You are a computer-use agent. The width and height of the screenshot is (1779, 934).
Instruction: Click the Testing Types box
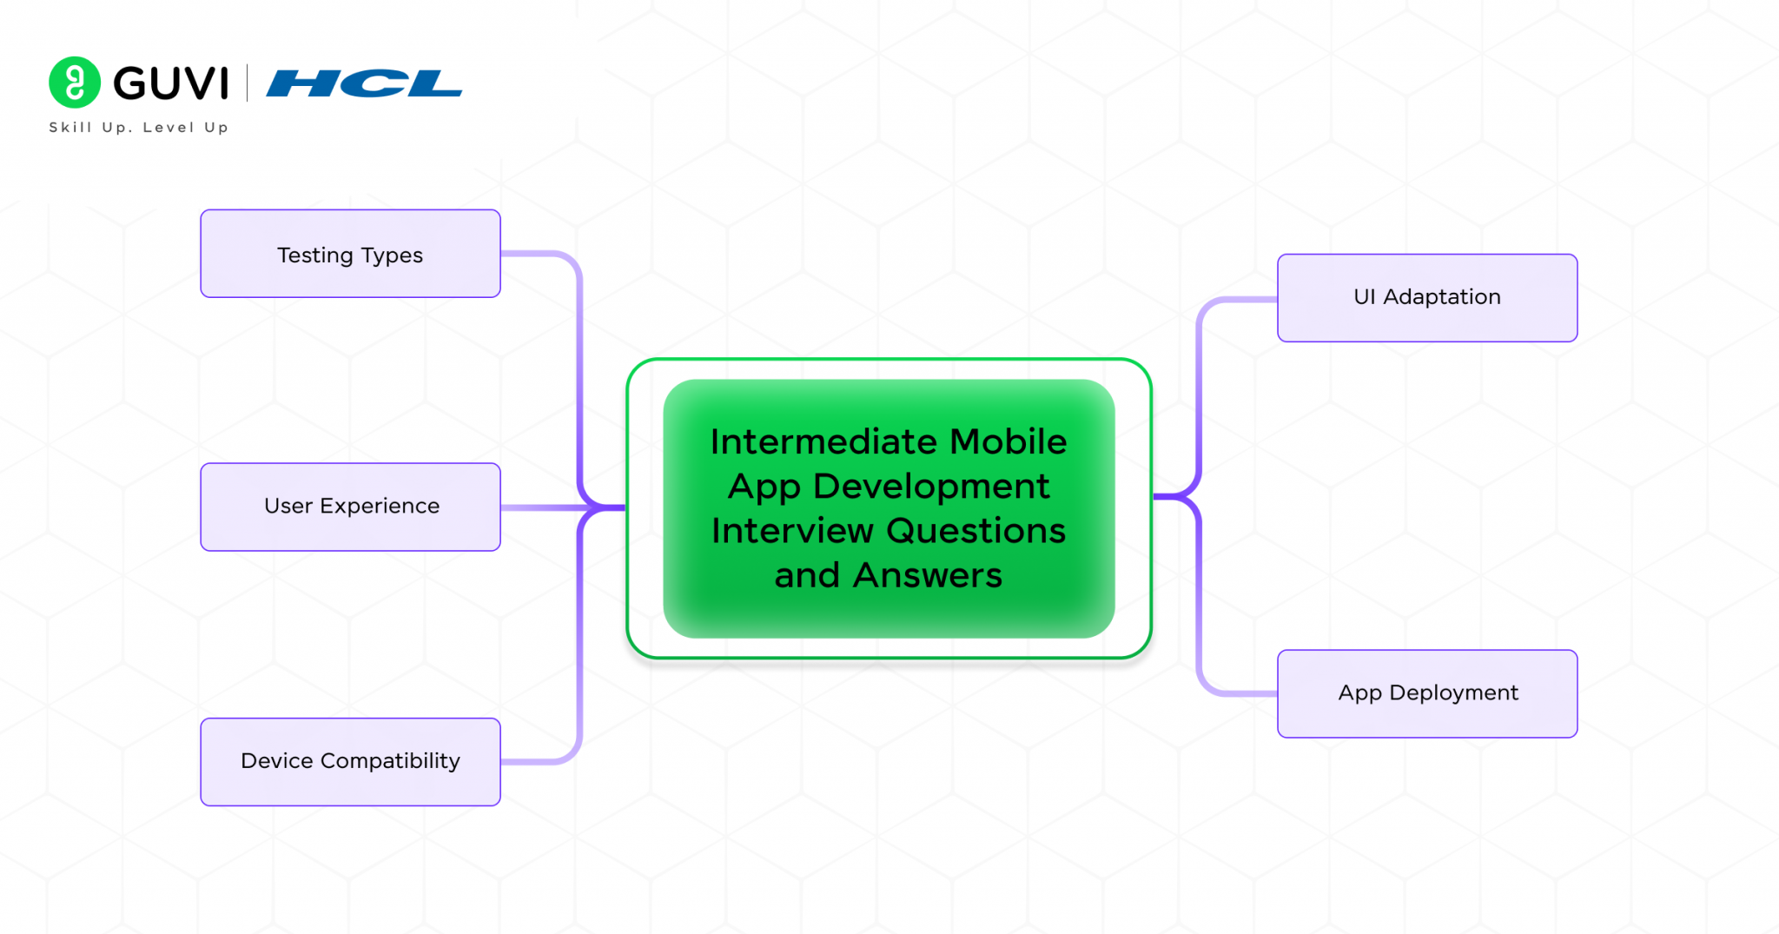click(350, 254)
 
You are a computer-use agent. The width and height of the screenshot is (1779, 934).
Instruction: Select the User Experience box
click(350, 507)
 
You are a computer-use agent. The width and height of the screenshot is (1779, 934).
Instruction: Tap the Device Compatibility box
click(350, 761)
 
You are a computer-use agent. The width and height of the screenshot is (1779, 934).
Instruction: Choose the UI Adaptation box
click(1426, 297)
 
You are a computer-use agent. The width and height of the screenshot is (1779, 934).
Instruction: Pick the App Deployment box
click(1426, 693)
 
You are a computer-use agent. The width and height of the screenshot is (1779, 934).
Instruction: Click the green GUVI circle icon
click(75, 83)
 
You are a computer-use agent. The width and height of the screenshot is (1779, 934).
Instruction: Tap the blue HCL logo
click(364, 83)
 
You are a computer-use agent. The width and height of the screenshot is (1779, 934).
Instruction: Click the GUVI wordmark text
click(171, 83)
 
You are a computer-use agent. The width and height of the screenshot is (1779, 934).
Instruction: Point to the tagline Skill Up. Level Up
click(139, 128)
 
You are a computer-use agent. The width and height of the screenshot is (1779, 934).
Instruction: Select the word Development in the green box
click(930, 487)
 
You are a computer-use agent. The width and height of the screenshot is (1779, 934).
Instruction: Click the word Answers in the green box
click(927, 575)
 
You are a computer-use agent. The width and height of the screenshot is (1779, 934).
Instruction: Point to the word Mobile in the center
click(1008, 441)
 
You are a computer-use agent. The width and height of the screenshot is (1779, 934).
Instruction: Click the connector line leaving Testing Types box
click(539, 254)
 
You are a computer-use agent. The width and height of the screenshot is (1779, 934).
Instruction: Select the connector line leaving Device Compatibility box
click(539, 761)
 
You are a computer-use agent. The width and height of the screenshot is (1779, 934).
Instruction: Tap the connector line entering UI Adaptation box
click(1238, 300)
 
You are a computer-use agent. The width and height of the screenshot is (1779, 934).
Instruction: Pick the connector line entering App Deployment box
click(1238, 693)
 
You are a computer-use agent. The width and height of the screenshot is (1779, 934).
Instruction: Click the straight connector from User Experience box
click(539, 507)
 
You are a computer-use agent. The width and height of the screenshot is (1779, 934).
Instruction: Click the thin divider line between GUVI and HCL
click(248, 83)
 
